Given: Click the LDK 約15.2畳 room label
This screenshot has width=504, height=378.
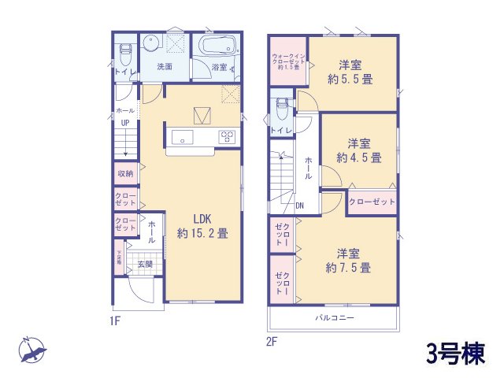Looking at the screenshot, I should pos(202,226).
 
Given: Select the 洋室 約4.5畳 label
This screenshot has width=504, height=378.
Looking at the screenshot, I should pos(359,150).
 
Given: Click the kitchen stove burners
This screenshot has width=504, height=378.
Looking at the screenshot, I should pos(227,137).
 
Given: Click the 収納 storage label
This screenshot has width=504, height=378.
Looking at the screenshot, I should pos(125,173).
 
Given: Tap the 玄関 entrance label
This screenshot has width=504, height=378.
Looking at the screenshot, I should pos(145,264).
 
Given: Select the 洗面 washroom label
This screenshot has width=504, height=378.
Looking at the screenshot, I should pos(165,67).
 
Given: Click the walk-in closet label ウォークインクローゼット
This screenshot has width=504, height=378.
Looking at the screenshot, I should pos(287,61).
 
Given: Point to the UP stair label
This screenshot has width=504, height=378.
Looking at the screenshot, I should pos(125,124).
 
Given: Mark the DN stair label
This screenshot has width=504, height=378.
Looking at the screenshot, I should pos(300,206).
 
